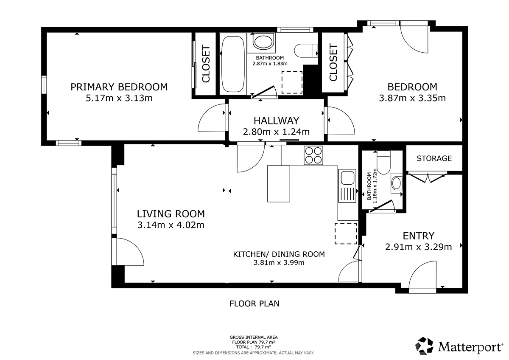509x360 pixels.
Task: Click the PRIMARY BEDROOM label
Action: (x=119, y=87)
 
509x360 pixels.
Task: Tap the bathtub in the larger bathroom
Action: (x=233, y=64)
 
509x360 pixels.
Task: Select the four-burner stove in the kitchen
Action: (x=313, y=155)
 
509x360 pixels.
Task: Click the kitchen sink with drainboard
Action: (x=347, y=186)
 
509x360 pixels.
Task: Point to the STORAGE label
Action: (x=434, y=158)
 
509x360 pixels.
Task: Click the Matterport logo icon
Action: (x=425, y=346)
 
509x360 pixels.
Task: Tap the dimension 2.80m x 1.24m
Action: (x=276, y=132)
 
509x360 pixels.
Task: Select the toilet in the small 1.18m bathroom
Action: (x=383, y=163)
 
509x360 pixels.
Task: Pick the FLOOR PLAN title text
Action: (x=255, y=304)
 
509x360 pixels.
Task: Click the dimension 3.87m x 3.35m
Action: (x=412, y=98)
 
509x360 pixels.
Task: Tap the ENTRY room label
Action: (x=419, y=236)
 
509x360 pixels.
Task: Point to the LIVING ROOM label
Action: (x=171, y=214)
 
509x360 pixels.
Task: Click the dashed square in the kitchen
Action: (x=346, y=233)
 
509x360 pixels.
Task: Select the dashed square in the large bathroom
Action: (x=292, y=82)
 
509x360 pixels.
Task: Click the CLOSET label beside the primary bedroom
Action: (x=206, y=64)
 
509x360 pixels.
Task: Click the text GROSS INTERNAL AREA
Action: (x=254, y=337)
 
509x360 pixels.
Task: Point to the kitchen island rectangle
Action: (x=279, y=183)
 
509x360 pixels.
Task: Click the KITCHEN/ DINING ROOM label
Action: (x=279, y=254)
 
